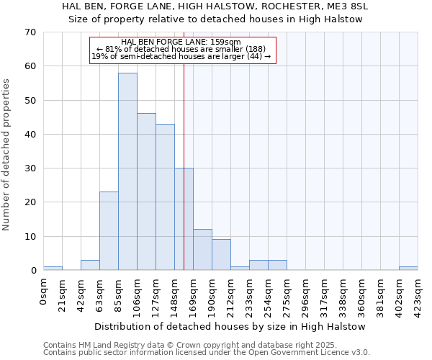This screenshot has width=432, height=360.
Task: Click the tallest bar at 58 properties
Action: point(127,171)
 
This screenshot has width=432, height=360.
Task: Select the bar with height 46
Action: point(146,192)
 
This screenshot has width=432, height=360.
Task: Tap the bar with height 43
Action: point(165,197)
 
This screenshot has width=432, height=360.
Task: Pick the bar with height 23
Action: point(109,230)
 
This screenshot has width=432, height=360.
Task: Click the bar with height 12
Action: point(202,249)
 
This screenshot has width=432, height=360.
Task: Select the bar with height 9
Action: point(221,254)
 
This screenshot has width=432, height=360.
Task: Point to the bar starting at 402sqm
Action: point(408,269)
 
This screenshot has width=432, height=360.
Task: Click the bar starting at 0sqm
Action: point(53,269)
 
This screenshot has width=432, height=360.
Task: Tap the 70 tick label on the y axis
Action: point(30,32)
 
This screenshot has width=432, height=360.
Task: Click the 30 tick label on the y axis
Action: point(30,168)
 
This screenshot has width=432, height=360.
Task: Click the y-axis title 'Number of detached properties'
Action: point(7,155)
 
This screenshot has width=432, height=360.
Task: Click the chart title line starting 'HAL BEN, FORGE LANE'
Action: point(215,6)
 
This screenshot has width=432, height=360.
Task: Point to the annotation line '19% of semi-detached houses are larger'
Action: point(181,56)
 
